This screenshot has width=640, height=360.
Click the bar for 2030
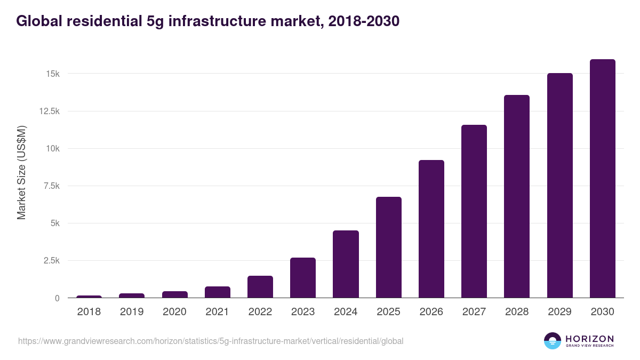(x=602, y=179)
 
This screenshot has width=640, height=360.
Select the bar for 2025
(x=388, y=247)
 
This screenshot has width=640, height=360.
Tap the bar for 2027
(x=474, y=211)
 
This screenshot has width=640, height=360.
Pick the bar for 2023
(x=303, y=278)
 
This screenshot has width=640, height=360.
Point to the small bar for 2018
(x=89, y=297)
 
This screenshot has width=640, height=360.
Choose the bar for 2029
(x=559, y=186)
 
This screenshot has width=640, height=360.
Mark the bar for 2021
(x=218, y=292)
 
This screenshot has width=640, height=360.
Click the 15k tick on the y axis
(x=52, y=74)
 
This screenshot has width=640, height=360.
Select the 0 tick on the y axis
(x=57, y=298)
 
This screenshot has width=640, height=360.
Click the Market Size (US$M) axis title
(x=21, y=172)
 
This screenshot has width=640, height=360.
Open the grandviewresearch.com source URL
(x=211, y=341)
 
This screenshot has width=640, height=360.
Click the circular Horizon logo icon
(x=552, y=341)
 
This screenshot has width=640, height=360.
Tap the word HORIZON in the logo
(x=589, y=338)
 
